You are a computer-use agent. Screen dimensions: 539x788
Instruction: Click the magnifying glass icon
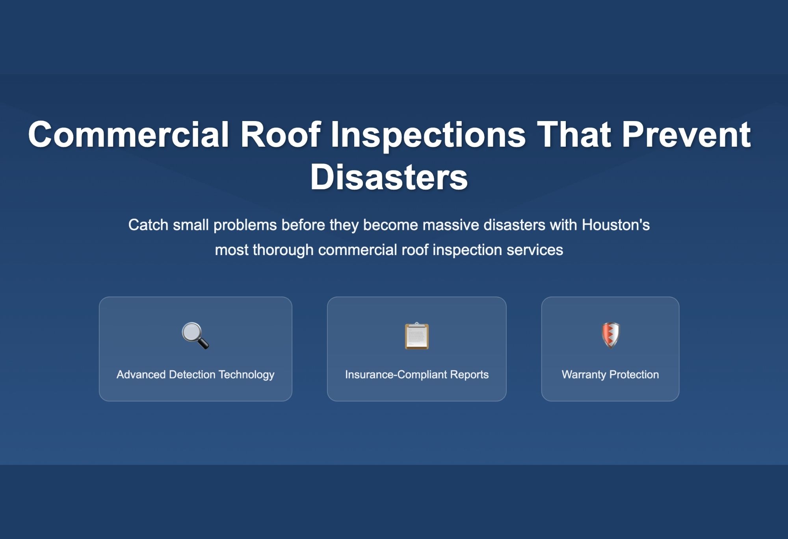pos(195,336)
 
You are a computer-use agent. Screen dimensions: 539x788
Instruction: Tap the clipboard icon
pos(416,336)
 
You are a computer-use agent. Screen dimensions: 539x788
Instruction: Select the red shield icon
pos(610,336)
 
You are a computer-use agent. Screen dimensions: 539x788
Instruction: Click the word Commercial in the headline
pos(128,134)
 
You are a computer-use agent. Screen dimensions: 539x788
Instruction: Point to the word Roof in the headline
pos(280,134)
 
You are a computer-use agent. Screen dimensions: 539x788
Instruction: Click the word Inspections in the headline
pos(428,134)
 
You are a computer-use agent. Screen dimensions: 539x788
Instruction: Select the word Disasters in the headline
pos(389,177)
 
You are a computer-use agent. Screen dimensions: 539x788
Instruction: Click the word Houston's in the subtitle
pos(615,225)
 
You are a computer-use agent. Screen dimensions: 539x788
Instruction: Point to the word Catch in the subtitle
pos(148,225)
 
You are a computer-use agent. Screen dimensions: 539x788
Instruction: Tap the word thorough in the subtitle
pos(283,250)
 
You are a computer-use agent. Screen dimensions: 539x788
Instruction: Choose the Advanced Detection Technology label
pos(195,375)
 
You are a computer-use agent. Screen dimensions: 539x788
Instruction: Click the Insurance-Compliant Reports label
pos(416,375)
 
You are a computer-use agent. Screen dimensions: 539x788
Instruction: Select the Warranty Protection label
pos(610,375)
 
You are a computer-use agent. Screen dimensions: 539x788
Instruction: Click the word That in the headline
pos(574,134)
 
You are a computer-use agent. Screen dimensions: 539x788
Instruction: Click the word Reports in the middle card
pos(469,375)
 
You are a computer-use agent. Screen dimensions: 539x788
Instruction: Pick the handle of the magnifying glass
pos(203,343)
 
